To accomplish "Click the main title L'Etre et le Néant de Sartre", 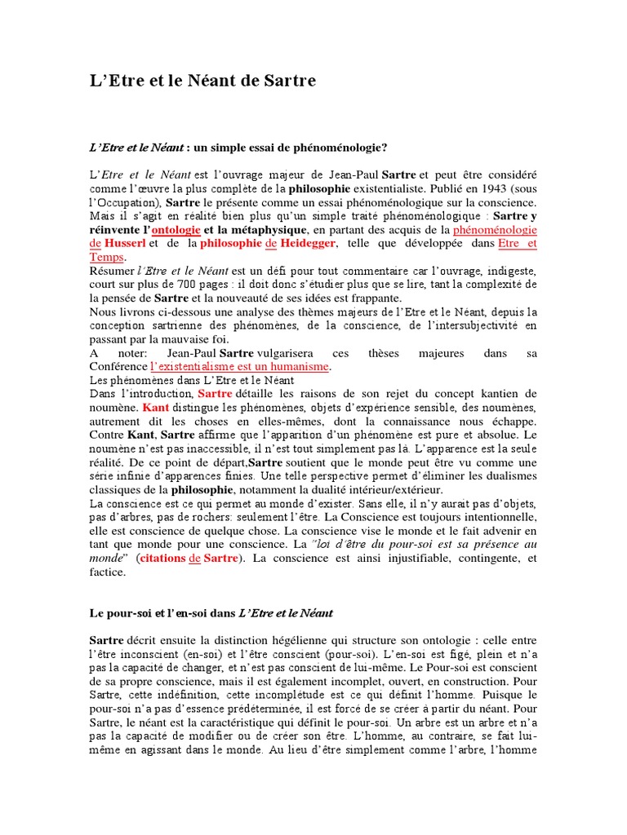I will pyautogui.click(x=202, y=81).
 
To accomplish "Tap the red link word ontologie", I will pyautogui.click(x=178, y=230).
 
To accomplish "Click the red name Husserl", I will pyautogui.click(x=123, y=244).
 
